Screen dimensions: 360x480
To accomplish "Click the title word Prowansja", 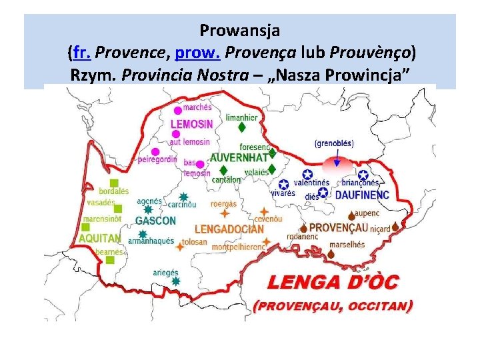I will [x=239, y=30].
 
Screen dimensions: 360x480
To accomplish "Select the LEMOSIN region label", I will [x=192, y=125].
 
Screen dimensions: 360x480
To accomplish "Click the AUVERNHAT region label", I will [x=239, y=158].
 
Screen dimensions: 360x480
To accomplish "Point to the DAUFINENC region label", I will [x=362, y=195].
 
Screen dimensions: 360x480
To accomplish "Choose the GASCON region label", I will [x=155, y=221].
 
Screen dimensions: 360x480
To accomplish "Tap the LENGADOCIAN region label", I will [x=229, y=229].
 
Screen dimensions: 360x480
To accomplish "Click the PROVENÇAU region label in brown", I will [x=339, y=227].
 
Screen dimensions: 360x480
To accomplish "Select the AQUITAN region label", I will [x=99, y=238].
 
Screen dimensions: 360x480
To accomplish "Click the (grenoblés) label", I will [x=334, y=143].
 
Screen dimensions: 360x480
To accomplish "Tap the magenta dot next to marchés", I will [x=177, y=111].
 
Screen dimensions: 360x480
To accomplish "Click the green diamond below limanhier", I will [x=242, y=126].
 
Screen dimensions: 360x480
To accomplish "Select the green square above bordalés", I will [x=114, y=183].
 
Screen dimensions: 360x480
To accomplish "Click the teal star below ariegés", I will [x=175, y=281].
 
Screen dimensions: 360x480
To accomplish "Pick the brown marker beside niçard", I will [x=395, y=227].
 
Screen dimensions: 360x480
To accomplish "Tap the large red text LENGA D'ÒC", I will [x=332, y=282].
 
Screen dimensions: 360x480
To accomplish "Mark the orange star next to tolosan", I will [x=180, y=247].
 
